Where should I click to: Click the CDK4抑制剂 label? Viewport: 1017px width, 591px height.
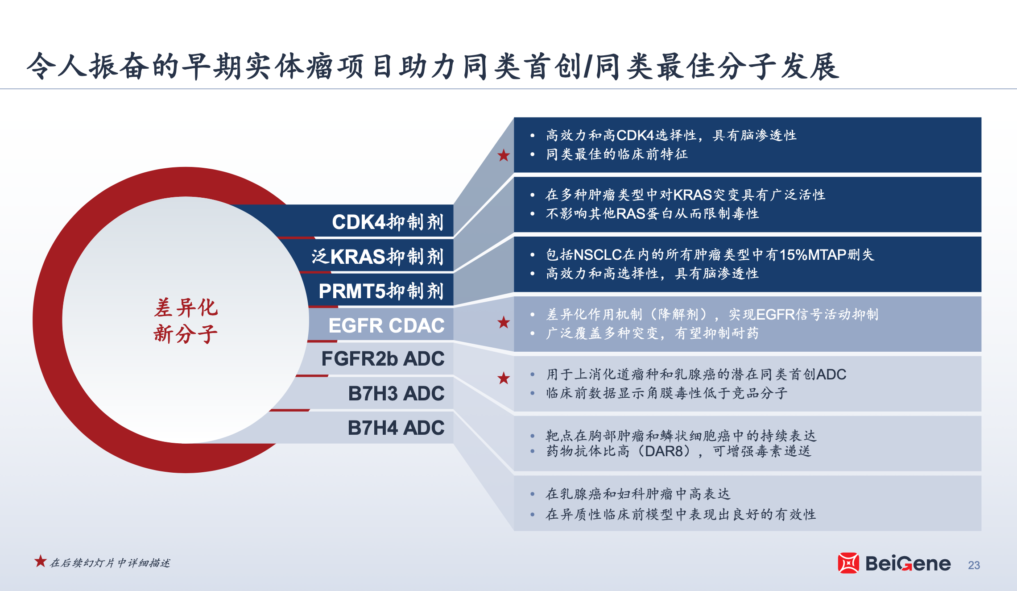[388, 222]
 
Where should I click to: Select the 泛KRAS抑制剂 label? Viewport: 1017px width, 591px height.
[377, 257]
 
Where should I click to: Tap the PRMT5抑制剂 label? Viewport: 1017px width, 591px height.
[381, 291]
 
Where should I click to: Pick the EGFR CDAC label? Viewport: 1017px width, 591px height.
[386, 325]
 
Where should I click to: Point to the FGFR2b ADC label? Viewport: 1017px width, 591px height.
[383, 358]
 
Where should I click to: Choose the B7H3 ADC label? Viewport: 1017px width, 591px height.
[396, 393]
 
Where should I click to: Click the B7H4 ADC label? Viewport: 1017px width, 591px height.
[396, 428]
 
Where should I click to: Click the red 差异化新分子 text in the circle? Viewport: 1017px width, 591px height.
[186, 321]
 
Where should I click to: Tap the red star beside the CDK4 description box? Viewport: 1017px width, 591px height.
[504, 155]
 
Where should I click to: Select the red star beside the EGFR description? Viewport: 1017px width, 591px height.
[504, 322]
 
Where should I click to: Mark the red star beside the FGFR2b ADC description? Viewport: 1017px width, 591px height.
[504, 378]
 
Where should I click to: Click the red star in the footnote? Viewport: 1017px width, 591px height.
[41, 561]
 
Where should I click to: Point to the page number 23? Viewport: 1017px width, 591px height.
[974, 565]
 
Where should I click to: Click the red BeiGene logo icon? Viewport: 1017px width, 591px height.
[848, 563]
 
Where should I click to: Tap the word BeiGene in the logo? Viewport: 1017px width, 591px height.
[908, 563]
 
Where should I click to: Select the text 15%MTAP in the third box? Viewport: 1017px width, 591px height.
[813, 254]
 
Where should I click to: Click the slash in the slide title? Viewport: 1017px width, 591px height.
[588, 66]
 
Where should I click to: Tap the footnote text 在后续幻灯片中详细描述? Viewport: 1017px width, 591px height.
[110, 563]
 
